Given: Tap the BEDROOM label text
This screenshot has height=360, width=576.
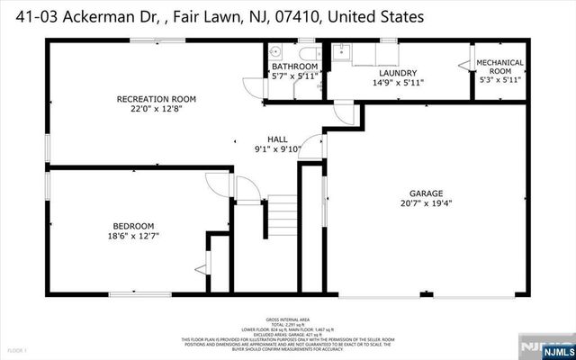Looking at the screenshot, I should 132,226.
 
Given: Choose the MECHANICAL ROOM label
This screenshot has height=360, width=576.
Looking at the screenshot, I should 499,67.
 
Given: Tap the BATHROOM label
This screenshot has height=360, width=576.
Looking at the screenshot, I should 294,67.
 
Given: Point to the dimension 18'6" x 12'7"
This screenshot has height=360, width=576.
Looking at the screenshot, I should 132,238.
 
